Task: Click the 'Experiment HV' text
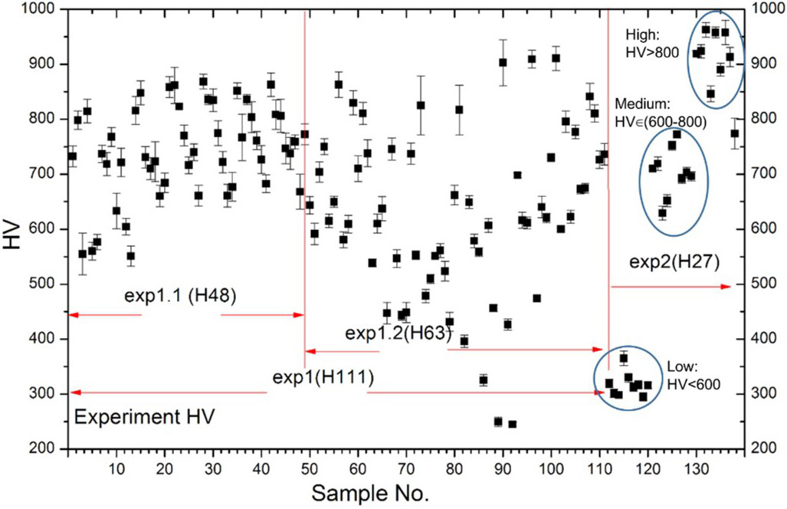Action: pyautogui.click(x=144, y=418)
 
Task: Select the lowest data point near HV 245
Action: pyautogui.click(x=512, y=424)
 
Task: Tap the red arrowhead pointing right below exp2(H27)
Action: pyautogui.click(x=726, y=286)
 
